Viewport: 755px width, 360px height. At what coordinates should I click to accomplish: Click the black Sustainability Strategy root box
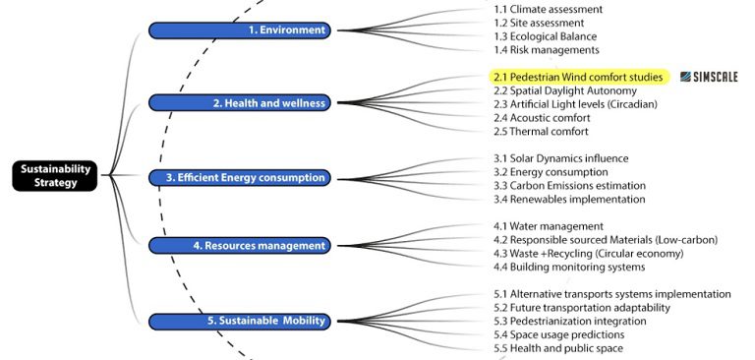tap(57, 176)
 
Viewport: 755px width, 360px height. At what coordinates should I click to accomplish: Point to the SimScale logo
tap(708, 77)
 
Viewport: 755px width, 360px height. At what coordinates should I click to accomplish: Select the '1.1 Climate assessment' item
tap(548, 10)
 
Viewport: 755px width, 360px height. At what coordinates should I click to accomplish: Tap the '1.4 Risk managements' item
tap(546, 49)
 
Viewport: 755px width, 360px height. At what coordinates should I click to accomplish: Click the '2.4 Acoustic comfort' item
tap(542, 118)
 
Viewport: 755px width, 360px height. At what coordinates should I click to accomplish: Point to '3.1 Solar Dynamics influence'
tap(560, 158)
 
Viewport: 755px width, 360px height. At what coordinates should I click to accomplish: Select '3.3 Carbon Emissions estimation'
tap(569, 185)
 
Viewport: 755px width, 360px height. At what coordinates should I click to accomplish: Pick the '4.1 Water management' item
tap(548, 226)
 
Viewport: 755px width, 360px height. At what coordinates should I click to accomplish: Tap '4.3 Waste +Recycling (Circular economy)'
tap(590, 254)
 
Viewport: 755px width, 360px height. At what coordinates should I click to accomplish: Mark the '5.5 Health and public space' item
tap(557, 348)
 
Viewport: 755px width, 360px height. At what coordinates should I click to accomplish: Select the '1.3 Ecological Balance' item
tap(546, 36)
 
